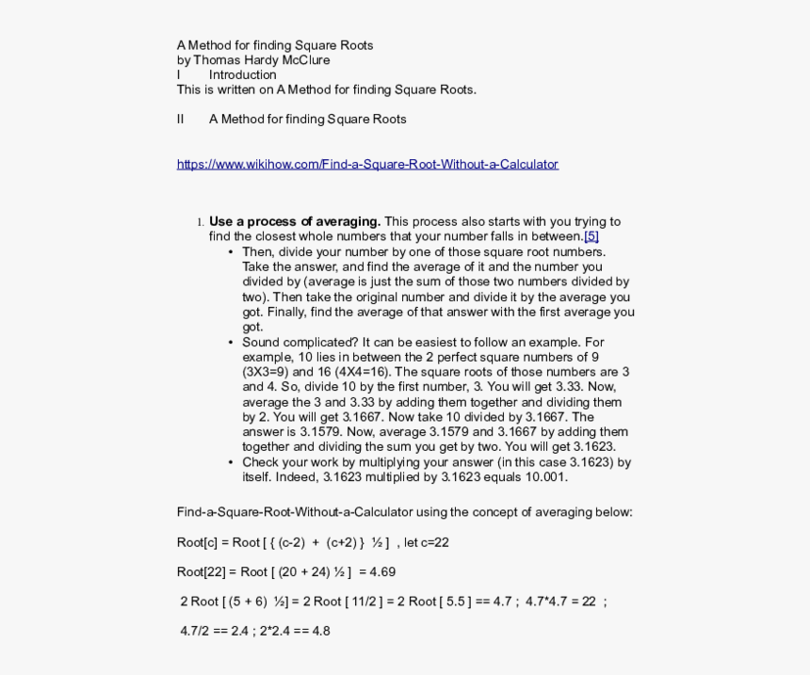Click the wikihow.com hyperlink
point(367,164)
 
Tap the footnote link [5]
point(591,237)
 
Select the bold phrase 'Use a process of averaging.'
point(295,222)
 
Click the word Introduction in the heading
point(243,75)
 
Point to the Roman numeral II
point(181,120)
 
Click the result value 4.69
point(382,571)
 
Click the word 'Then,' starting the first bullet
point(259,252)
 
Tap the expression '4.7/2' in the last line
point(195,631)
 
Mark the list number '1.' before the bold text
point(201,223)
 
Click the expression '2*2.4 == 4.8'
point(295,631)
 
